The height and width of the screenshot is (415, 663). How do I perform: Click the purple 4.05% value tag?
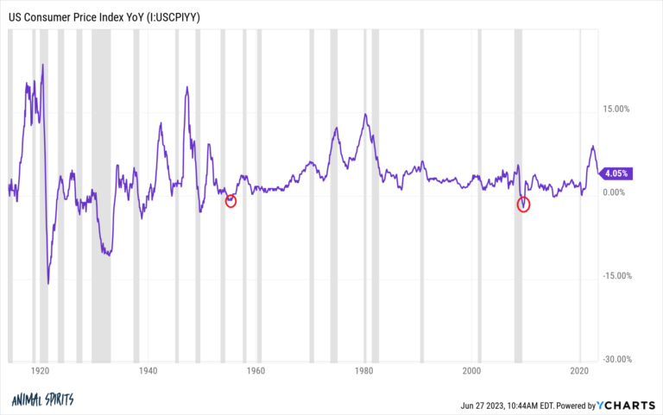[617, 173]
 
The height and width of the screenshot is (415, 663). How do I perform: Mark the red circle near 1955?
[230, 201]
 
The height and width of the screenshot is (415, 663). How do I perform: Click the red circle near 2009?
[523, 204]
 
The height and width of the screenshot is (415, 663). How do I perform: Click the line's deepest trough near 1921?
[48, 283]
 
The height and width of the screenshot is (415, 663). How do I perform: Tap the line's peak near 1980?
[366, 114]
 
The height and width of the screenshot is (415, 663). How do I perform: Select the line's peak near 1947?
[186, 86]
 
